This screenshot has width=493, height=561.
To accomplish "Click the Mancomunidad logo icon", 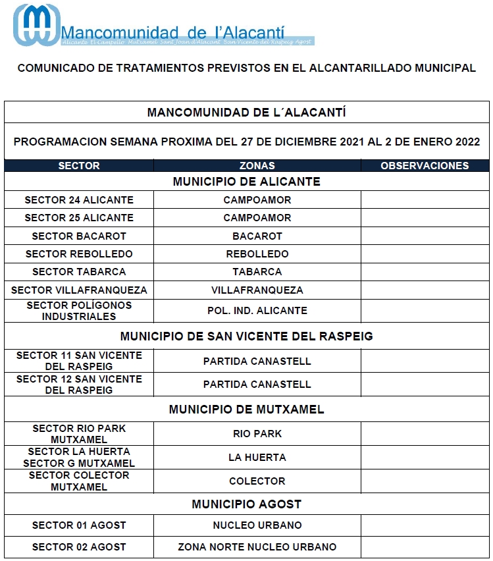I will coord(36,25).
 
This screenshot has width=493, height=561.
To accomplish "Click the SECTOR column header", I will coord(79,166).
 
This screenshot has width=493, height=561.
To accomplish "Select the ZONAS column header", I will coord(257,166).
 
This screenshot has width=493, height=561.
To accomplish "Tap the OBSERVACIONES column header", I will coord(425,166).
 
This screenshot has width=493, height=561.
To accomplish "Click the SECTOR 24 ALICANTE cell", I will coord(79,200).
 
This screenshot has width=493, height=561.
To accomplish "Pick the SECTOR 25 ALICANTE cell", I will coord(79,218).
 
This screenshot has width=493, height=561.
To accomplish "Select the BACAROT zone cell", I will coord(257,236).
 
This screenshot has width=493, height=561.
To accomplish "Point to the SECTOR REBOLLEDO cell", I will coord(79,254).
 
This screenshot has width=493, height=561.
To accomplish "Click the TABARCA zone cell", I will coord(257,271).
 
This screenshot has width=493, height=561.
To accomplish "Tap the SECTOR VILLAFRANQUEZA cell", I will coord(79,290).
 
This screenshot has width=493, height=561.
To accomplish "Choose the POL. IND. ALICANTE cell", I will coord(257,311).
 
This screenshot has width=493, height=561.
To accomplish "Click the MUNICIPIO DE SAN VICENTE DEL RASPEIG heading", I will coord(246,336).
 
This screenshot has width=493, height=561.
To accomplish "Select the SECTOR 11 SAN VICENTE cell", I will coord(79,361).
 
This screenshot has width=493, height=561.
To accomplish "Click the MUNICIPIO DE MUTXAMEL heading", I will coord(246,410).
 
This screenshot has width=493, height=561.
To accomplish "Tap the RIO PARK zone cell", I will coord(257,434).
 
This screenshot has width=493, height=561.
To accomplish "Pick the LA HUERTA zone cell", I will coord(257,458).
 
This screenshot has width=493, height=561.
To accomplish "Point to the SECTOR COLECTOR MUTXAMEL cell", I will coord(79,481).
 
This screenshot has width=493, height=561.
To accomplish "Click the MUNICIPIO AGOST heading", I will coord(246,504).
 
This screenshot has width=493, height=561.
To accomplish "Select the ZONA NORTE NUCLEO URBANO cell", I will coord(257,547).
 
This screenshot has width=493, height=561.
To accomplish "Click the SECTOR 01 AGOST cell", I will coord(79,525).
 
